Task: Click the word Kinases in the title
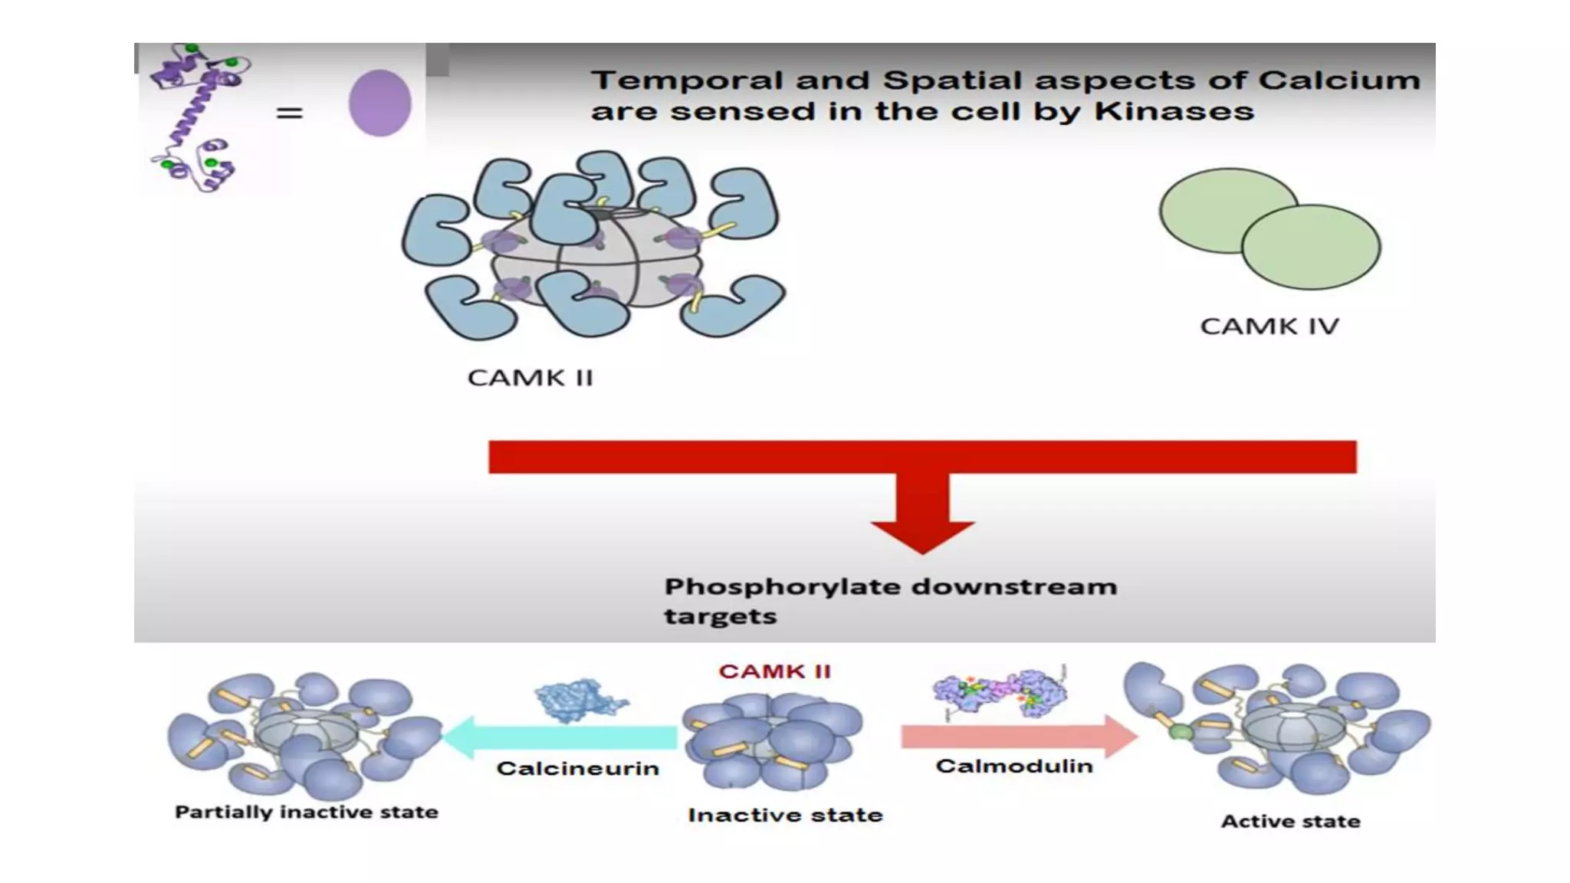[x=1174, y=112]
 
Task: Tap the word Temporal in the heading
[x=677, y=80]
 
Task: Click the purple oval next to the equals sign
[x=379, y=103]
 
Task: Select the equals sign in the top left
[x=289, y=113]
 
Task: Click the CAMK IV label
[x=1269, y=327]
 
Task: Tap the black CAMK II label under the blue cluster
[x=530, y=378]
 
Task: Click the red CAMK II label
[x=774, y=671]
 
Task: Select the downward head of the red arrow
[x=922, y=534]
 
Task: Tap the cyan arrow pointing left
[x=560, y=737]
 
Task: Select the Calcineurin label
[x=578, y=769]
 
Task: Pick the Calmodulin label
[x=1014, y=766]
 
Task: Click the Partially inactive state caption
[x=307, y=812]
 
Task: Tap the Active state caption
[x=1290, y=822]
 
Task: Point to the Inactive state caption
[x=785, y=815]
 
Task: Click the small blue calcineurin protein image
[x=580, y=700]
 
